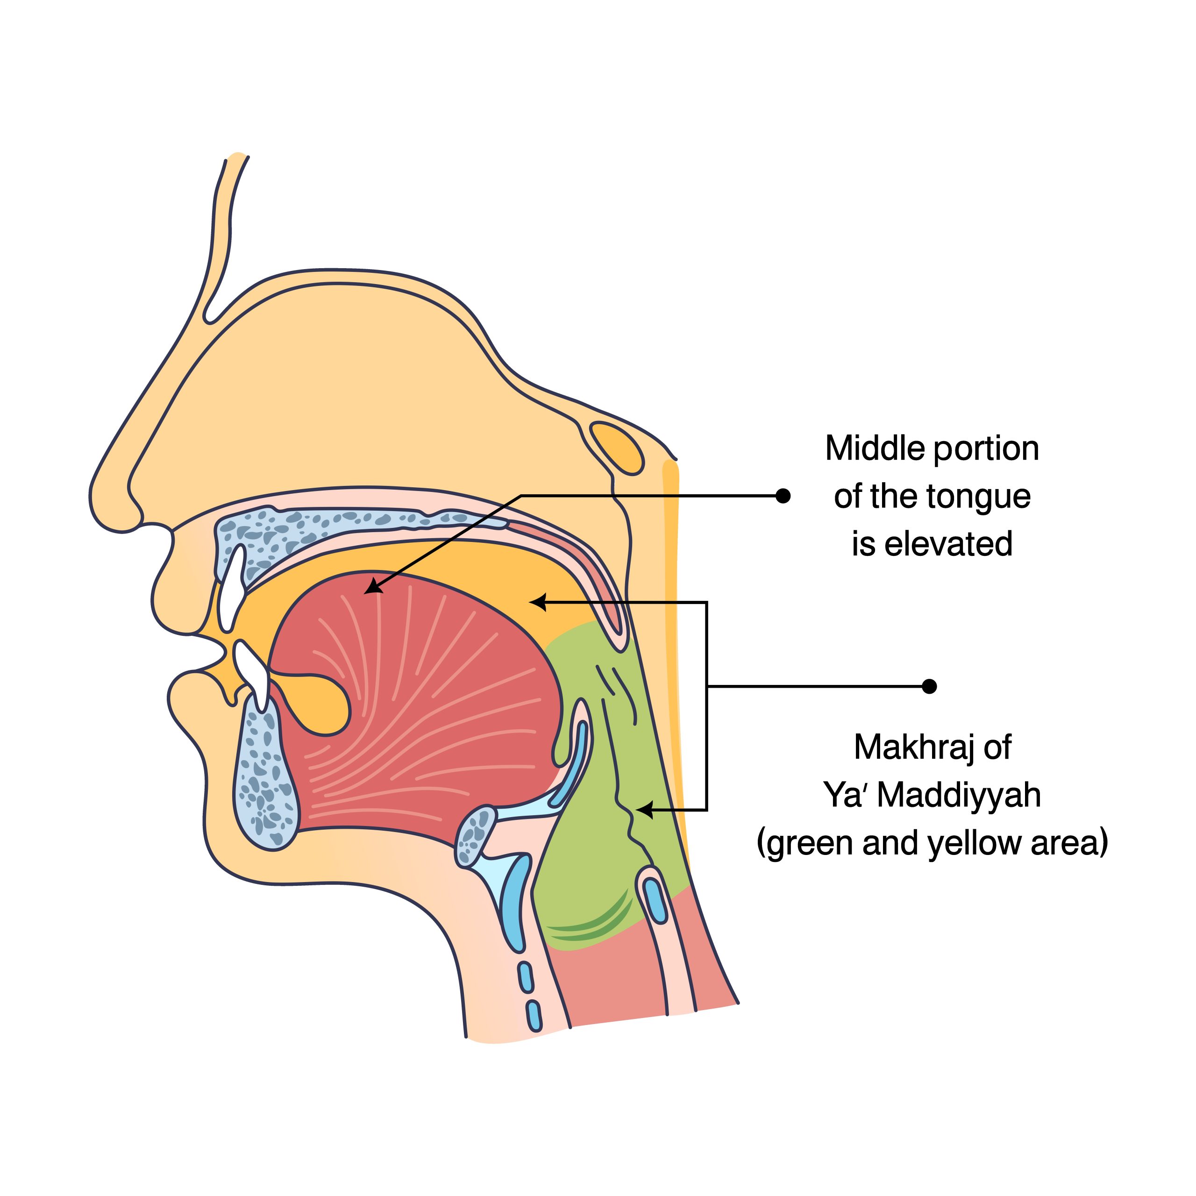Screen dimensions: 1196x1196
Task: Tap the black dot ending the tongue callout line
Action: point(783,496)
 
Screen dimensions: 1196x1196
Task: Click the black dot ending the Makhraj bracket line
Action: point(929,686)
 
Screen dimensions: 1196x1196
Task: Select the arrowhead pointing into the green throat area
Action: point(643,809)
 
